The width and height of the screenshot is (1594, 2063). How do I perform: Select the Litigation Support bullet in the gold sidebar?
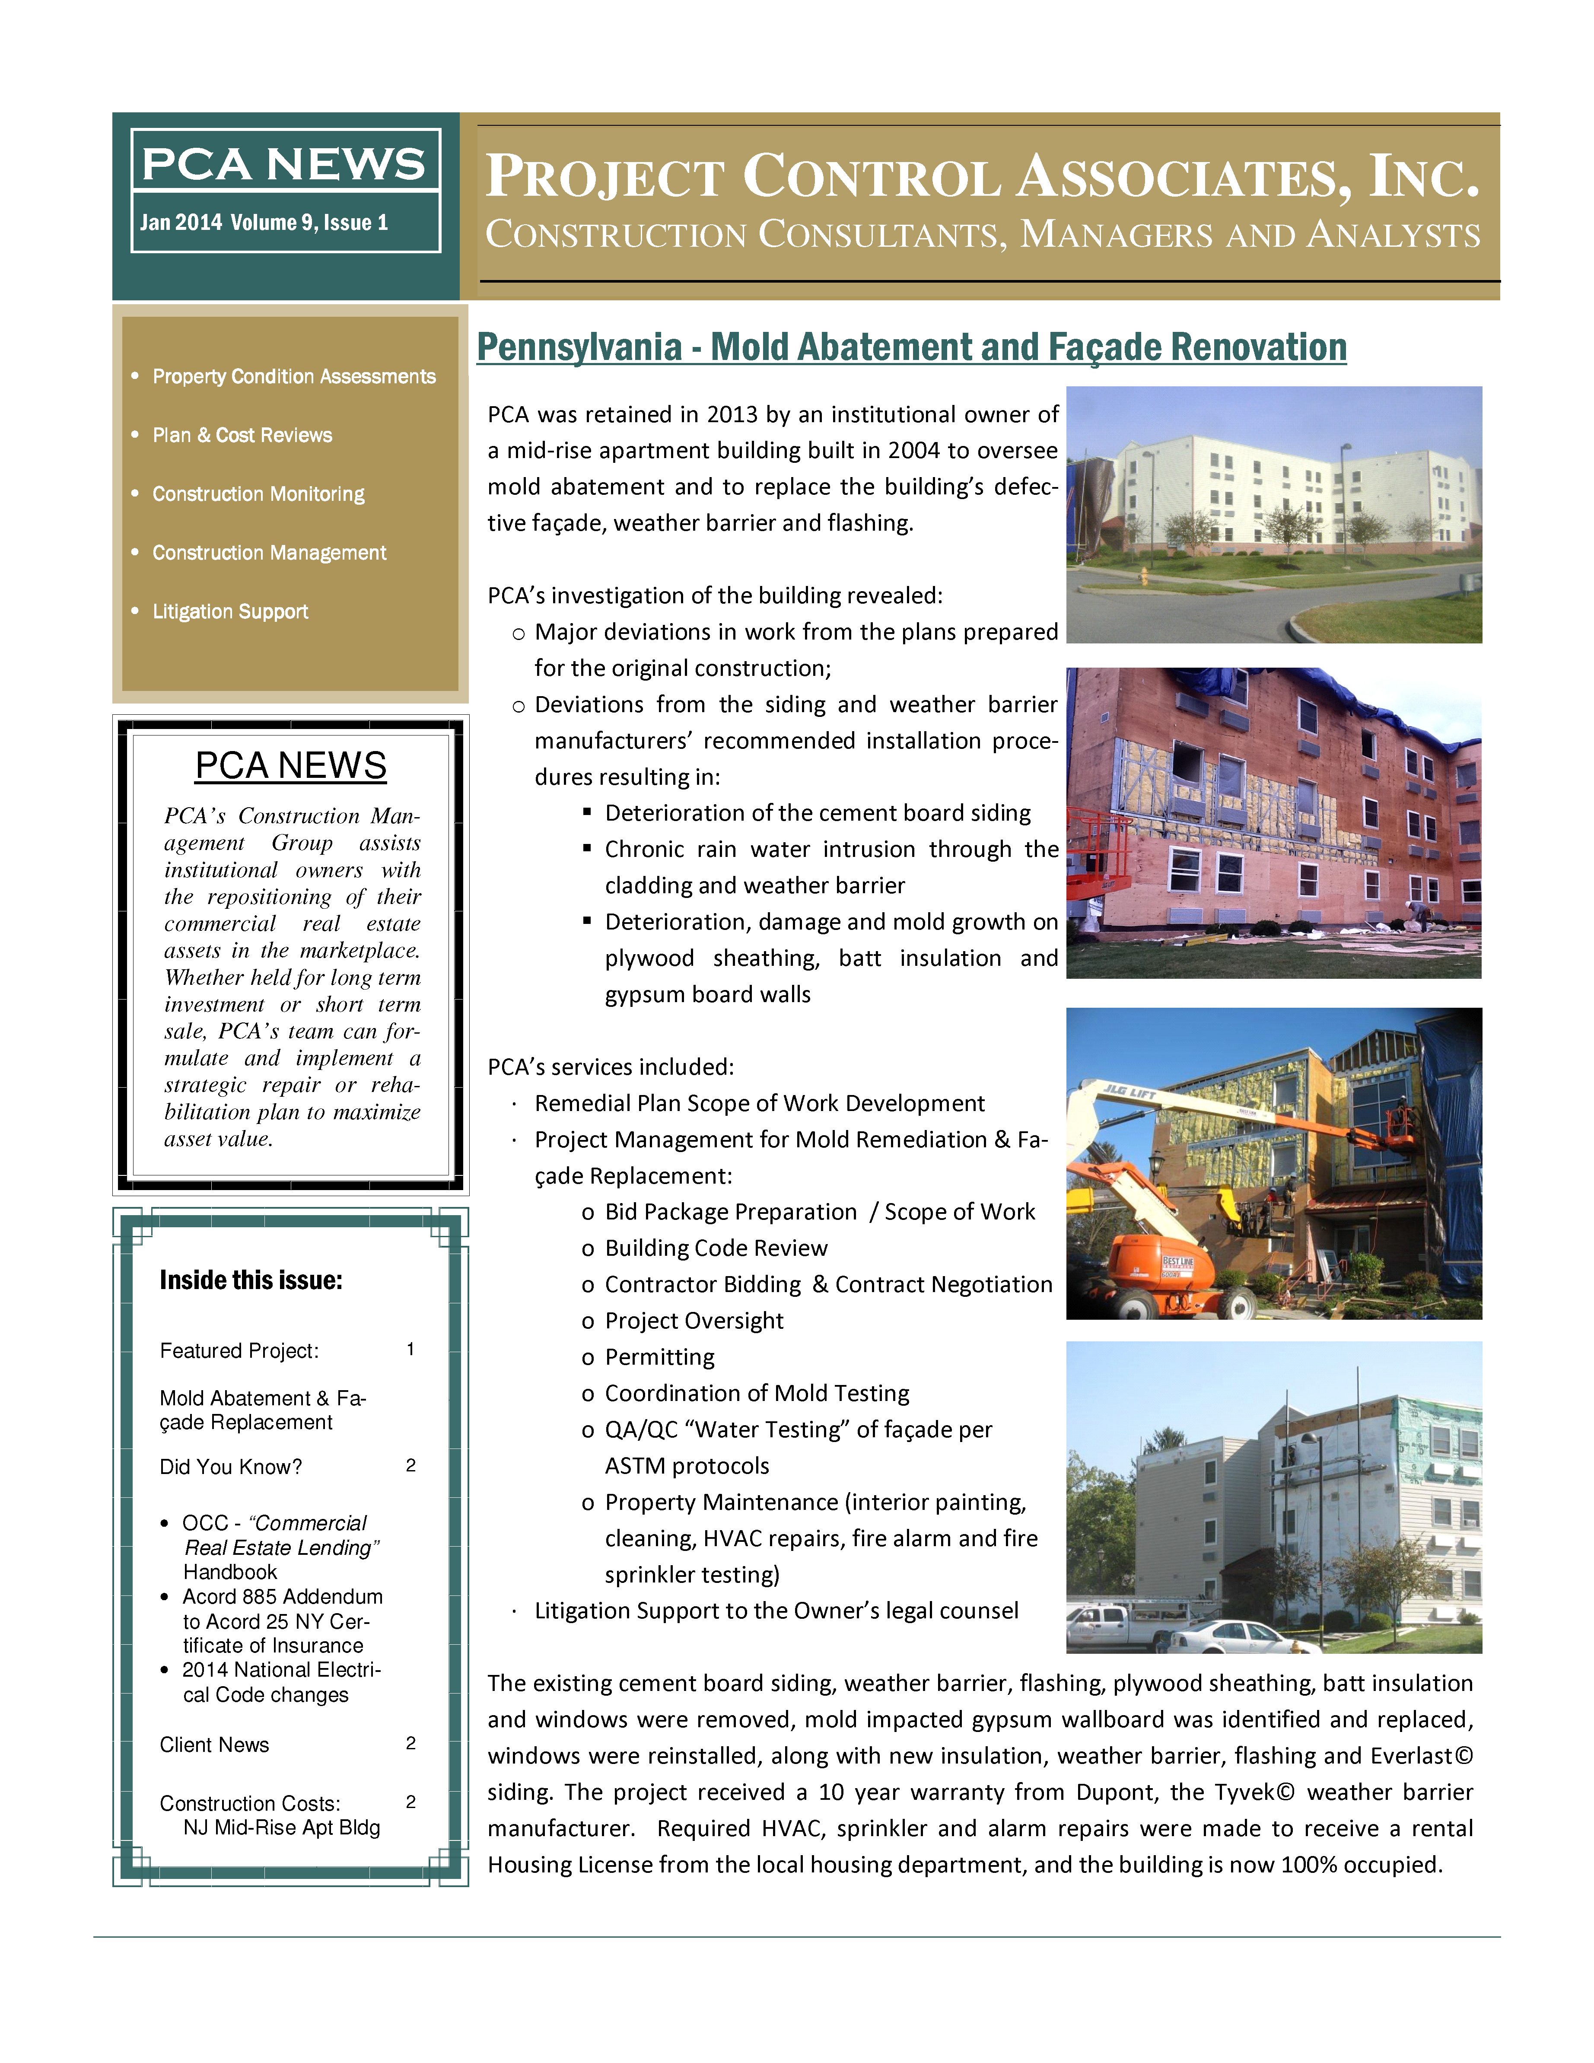(230, 612)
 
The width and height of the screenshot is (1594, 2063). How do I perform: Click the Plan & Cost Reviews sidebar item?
(243, 436)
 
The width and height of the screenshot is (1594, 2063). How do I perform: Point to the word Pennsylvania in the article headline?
(579, 347)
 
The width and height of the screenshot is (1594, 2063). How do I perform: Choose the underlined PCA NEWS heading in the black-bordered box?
(291, 766)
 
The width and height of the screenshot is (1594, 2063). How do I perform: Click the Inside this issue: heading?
(251, 1281)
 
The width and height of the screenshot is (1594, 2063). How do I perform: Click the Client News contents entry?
(214, 1745)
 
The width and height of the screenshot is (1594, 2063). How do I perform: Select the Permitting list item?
(659, 1357)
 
